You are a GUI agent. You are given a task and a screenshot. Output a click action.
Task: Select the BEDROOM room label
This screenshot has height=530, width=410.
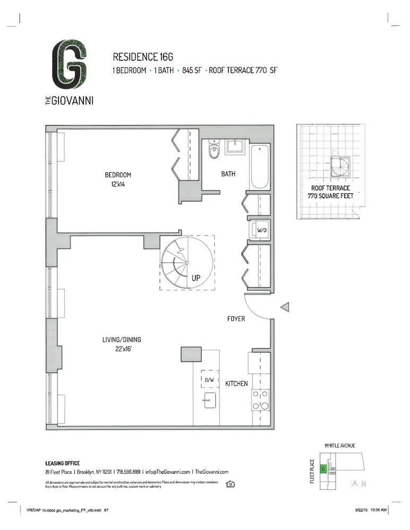click(x=117, y=175)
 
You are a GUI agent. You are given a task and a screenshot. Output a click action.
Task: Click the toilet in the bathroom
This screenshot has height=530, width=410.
click(x=214, y=151)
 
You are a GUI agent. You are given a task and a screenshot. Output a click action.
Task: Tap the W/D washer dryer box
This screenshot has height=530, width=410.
click(x=261, y=231)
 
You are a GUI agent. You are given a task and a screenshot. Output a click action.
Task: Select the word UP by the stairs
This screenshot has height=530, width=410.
click(x=196, y=277)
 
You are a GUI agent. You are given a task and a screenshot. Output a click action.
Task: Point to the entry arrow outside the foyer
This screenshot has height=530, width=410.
click(x=284, y=307)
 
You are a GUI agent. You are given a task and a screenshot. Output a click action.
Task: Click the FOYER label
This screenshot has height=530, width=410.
click(x=236, y=319)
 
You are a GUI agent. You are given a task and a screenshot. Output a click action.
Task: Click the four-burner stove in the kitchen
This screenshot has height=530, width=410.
click(x=260, y=400)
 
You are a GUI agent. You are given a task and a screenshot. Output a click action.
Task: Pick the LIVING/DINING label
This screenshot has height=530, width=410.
click(x=121, y=340)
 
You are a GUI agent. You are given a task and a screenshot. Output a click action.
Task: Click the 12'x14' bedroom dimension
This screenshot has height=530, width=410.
click(x=117, y=184)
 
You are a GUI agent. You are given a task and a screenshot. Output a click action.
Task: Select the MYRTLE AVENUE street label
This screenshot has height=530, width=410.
click(x=339, y=446)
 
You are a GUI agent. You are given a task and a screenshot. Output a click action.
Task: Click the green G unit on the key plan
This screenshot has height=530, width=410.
click(x=323, y=469)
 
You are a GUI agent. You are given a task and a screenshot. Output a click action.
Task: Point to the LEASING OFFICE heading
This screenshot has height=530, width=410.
click(x=62, y=463)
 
